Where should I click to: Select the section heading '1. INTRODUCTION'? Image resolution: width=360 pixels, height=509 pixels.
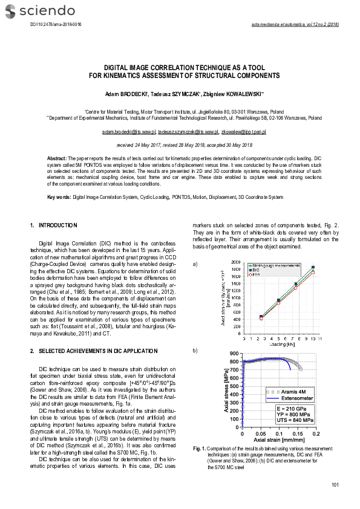(x=54, y=225)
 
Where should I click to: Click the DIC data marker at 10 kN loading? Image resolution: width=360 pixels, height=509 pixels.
(x=313, y=267)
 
